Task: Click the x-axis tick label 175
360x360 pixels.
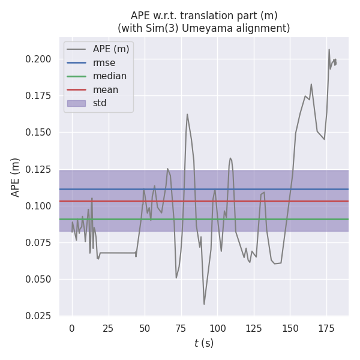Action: click(x=327, y=328)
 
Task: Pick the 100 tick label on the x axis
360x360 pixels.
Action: click(x=218, y=328)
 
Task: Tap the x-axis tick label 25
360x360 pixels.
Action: click(x=109, y=328)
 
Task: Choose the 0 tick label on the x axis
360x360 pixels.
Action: click(x=72, y=328)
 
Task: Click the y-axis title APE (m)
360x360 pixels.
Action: click(x=16, y=177)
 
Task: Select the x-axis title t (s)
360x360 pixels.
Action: click(x=203, y=343)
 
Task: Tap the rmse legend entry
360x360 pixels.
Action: click(x=104, y=62)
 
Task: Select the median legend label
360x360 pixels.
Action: click(x=109, y=76)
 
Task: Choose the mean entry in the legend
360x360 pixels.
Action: click(x=105, y=89)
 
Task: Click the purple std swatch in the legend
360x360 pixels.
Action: click(x=76, y=103)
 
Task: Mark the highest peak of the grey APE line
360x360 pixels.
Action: click(x=329, y=49)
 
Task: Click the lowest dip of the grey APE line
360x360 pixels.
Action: click(x=204, y=304)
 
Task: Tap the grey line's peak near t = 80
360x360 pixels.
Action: click(x=187, y=114)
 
